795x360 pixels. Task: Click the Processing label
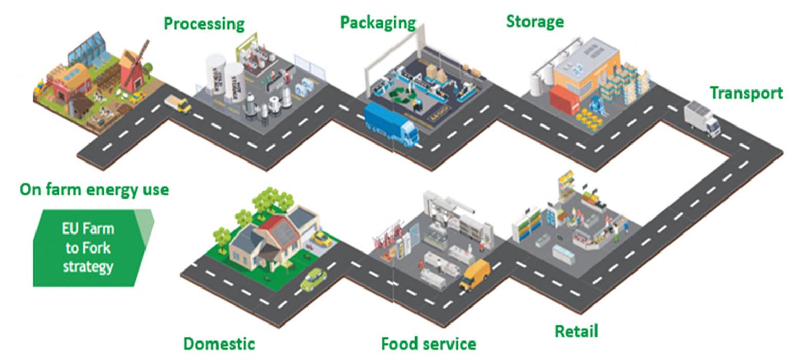(204, 24)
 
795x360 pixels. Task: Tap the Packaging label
(378, 22)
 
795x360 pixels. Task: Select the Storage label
(535, 21)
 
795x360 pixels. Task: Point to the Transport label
(746, 93)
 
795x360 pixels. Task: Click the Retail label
(576, 331)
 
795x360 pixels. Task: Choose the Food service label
(428, 343)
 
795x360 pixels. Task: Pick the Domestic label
(219, 343)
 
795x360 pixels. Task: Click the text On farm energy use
(94, 189)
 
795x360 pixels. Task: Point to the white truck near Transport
(702, 119)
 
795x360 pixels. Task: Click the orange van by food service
(474, 274)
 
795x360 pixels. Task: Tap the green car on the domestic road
(313, 280)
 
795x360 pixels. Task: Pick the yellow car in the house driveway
(322, 239)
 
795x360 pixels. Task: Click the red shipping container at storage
(564, 100)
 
